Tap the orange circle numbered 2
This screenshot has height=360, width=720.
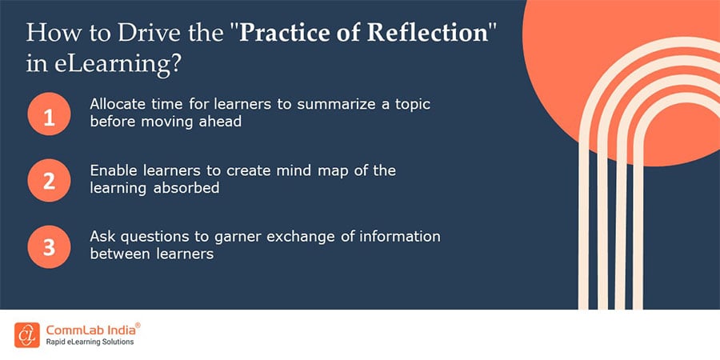49,181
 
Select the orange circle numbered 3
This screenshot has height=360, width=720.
49,247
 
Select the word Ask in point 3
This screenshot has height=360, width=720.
99,237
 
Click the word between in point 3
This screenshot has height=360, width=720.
116,254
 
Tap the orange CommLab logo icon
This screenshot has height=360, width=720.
27,334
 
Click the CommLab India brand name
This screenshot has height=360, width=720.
90,330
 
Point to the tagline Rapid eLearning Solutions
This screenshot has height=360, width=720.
90,342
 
